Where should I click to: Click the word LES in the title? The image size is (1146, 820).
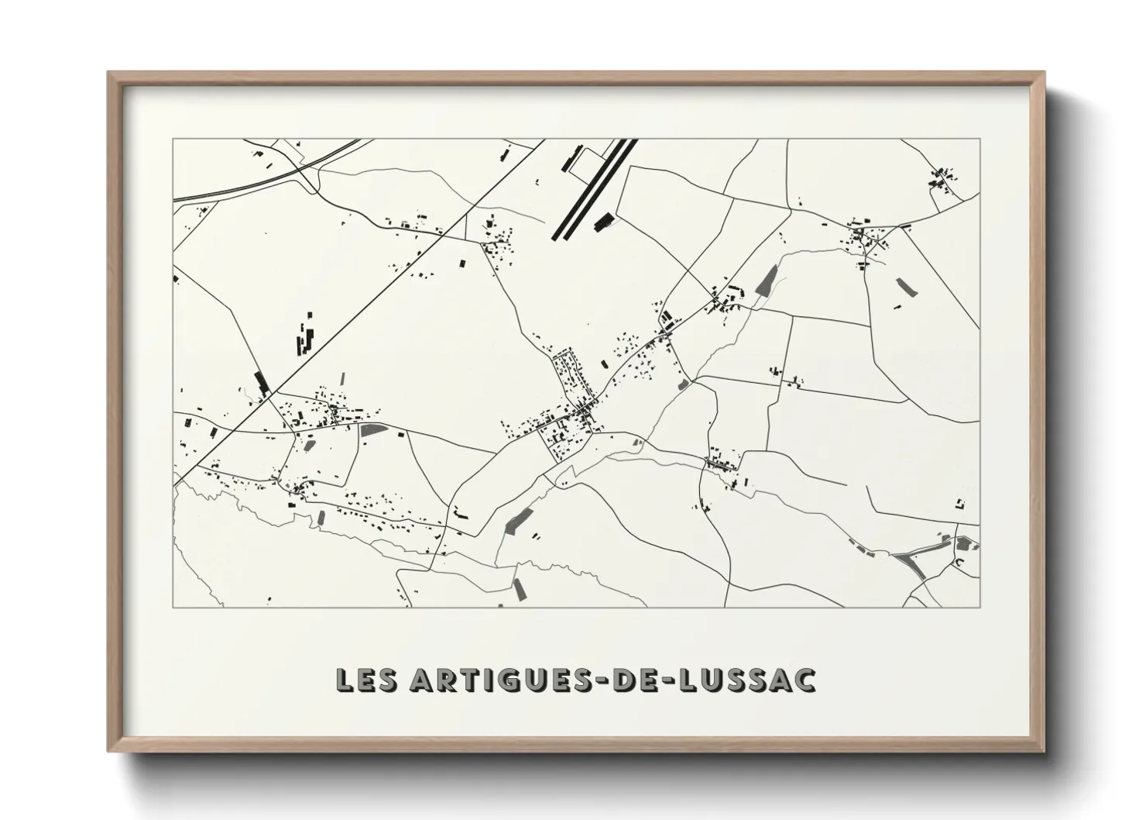click(x=365, y=680)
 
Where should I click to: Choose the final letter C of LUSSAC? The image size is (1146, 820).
click(x=805, y=680)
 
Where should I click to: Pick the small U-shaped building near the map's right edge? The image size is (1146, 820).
click(x=960, y=504)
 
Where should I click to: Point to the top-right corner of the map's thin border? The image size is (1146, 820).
click(x=980, y=139)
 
